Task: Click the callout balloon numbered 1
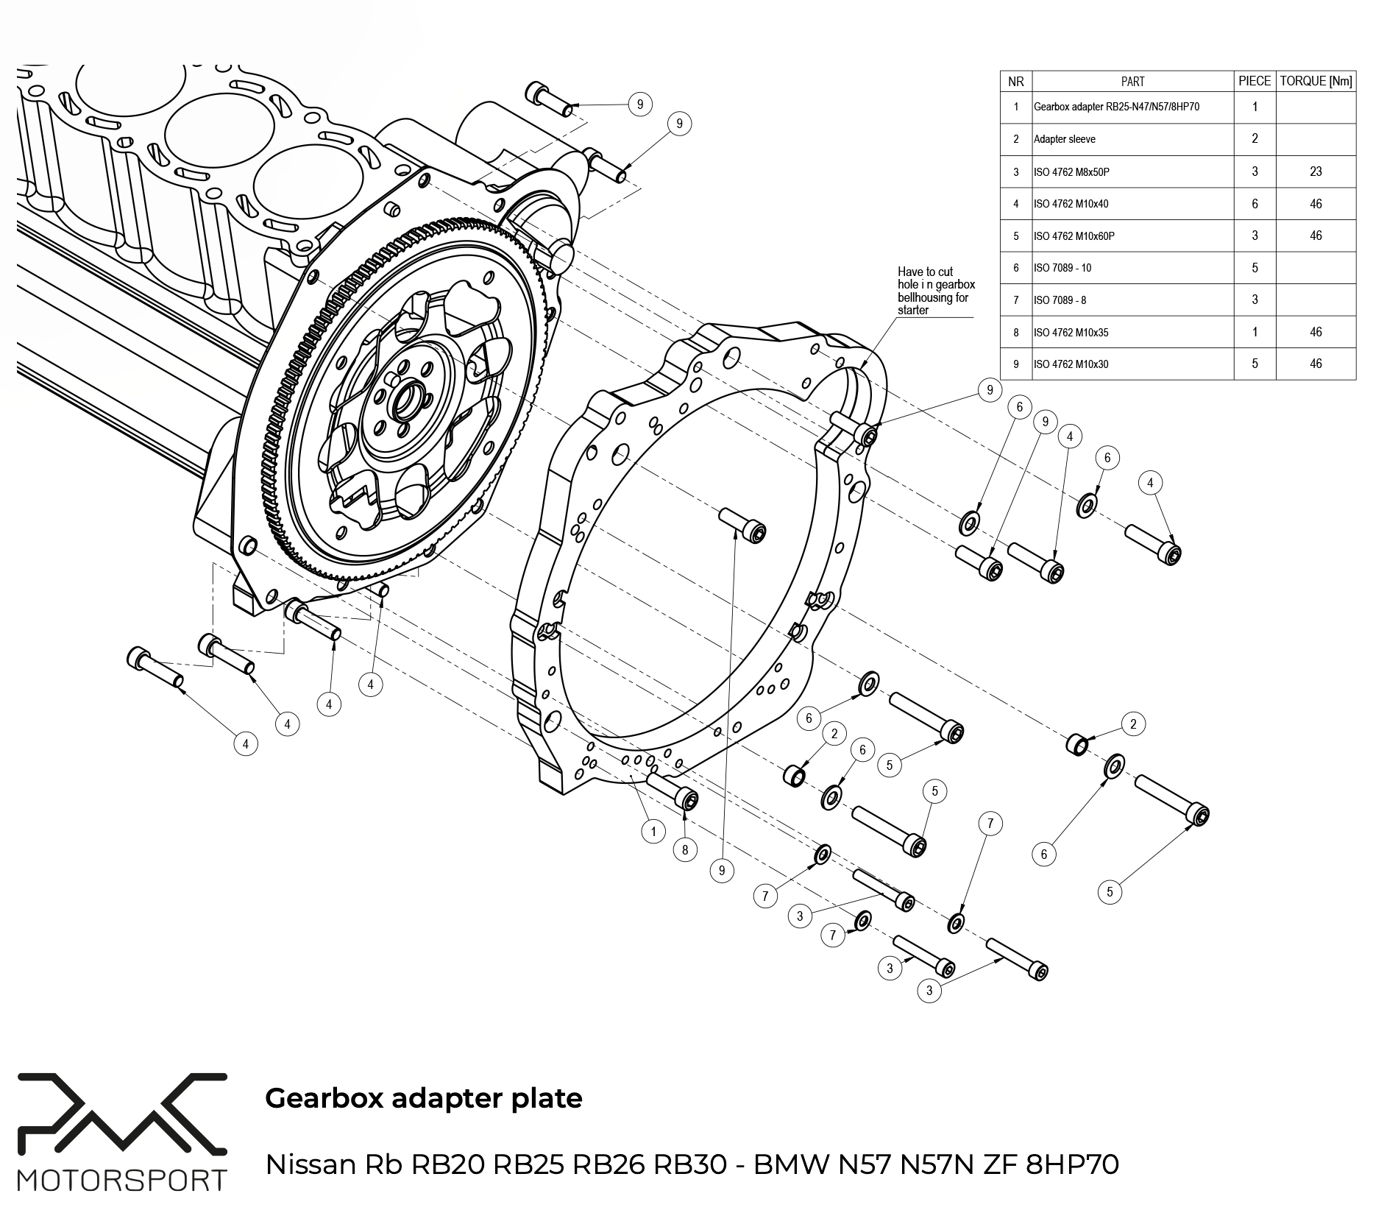click(653, 832)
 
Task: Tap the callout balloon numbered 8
click(685, 850)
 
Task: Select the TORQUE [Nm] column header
click(1316, 81)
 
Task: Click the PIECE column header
click(1255, 81)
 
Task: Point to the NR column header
click(1016, 81)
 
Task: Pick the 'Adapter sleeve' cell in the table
click(1064, 139)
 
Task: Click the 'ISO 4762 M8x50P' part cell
click(1071, 172)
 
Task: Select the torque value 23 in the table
click(1316, 171)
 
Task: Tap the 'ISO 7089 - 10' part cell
click(1062, 268)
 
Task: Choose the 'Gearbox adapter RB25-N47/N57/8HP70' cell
click(1116, 107)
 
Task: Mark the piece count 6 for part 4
click(1255, 204)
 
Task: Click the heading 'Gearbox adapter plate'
click(423, 1097)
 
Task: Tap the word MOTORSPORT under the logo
click(122, 1180)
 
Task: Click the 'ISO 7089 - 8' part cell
click(1060, 300)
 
